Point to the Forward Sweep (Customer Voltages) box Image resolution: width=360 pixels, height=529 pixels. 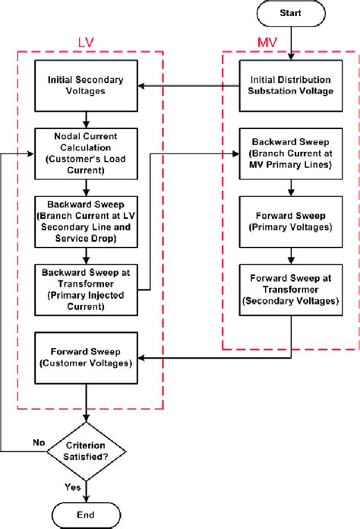89,356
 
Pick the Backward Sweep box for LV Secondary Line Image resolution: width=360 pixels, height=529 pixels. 89,220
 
